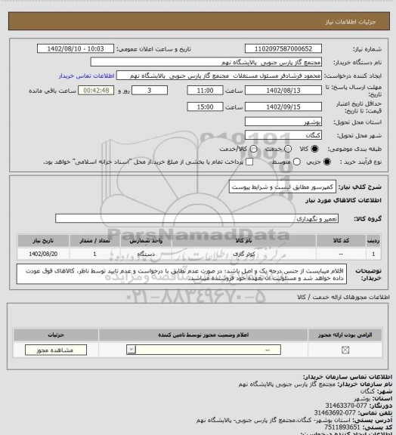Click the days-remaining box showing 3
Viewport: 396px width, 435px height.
tap(157, 90)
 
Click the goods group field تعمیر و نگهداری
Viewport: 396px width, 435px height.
tap(204, 219)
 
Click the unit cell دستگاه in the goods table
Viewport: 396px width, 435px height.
tap(143, 255)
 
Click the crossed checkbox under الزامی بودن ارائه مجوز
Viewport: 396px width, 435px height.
tap(345, 350)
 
